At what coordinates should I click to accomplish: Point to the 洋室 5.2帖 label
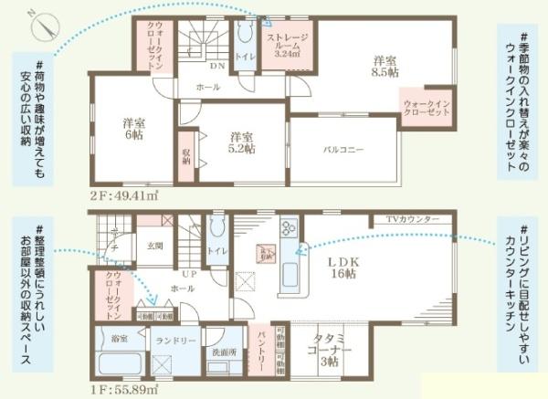pyautogui.click(x=242, y=143)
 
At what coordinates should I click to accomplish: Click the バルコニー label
pyautogui.click(x=343, y=149)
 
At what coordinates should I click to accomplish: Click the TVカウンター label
pyautogui.click(x=413, y=220)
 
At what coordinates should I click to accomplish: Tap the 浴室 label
pyautogui.click(x=120, y=338)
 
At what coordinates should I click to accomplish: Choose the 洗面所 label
pyautogui.click(x=222, y=352)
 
